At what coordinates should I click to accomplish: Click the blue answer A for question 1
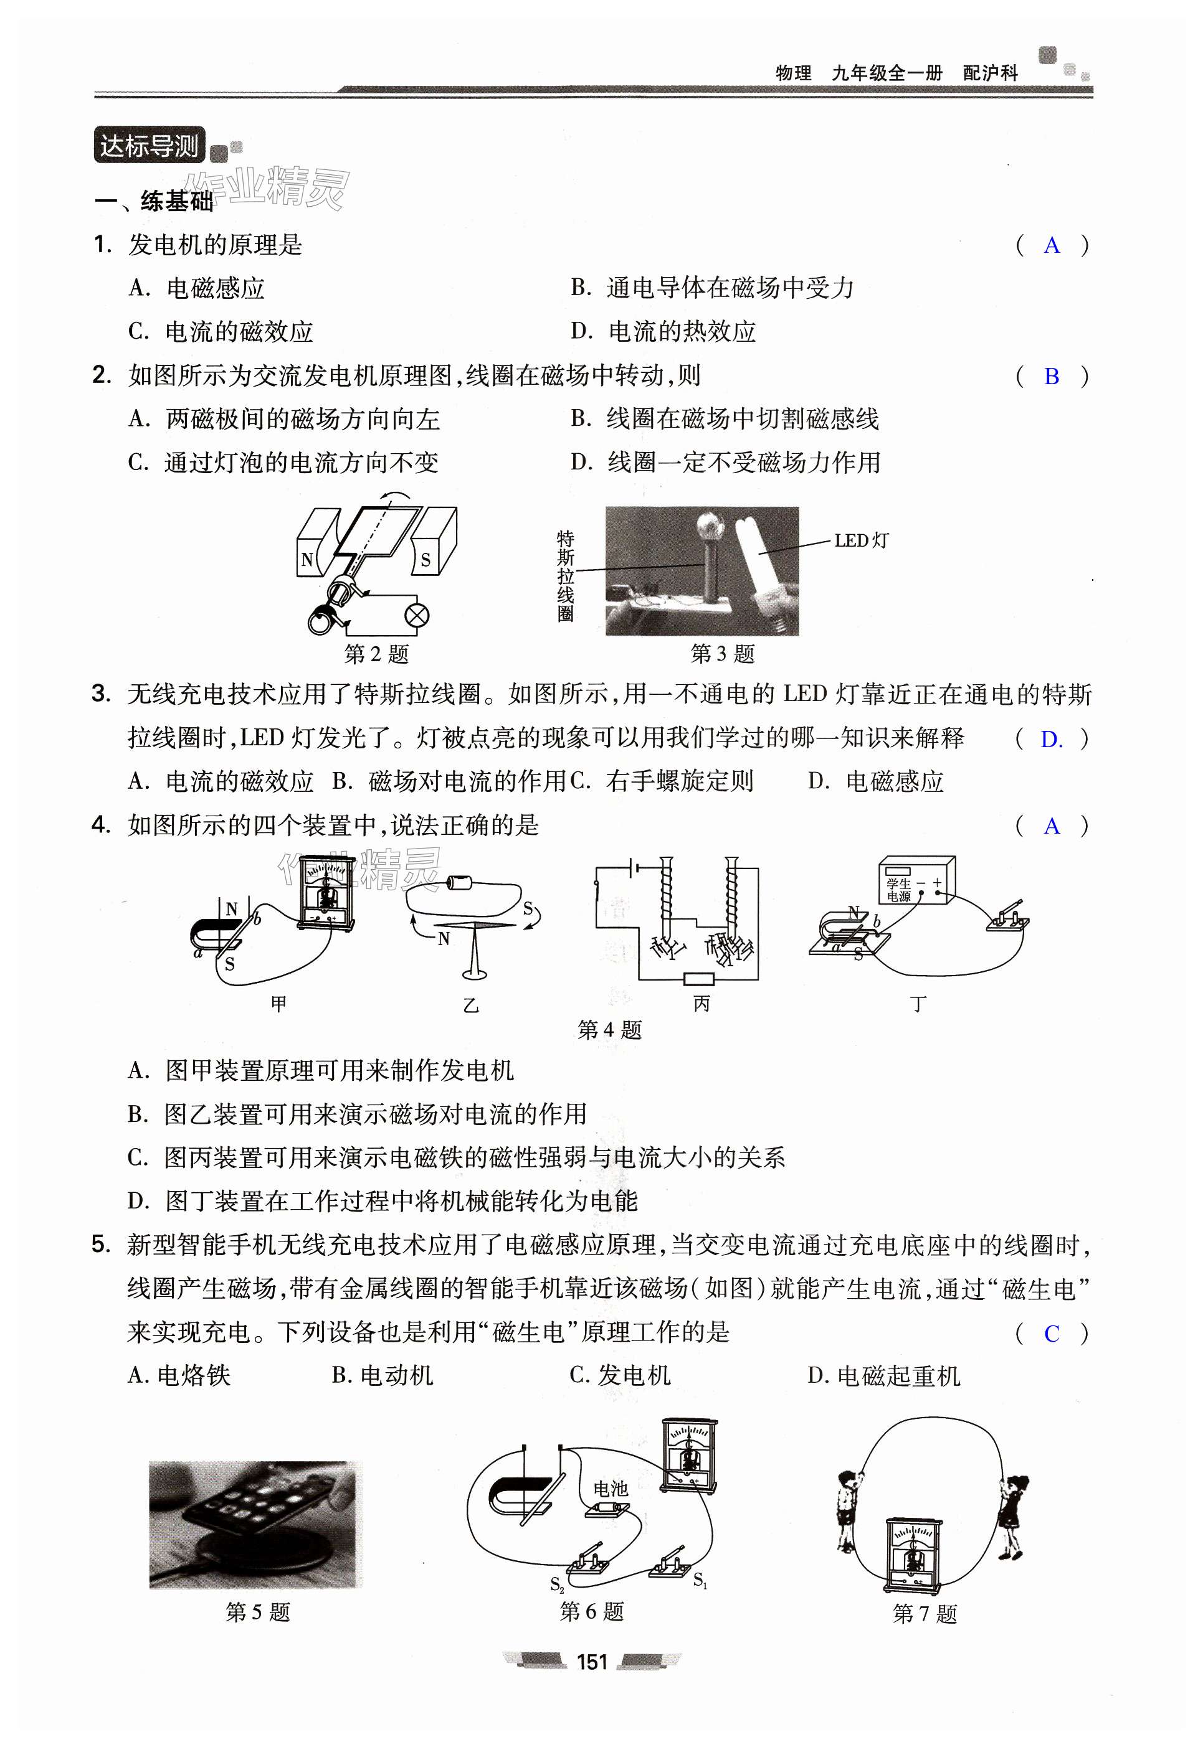click(1052, 245)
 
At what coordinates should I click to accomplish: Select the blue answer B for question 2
click(1052, 376)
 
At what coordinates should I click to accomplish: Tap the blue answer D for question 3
click(1051, 739)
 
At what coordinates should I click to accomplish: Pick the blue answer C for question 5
click(1052, 1334)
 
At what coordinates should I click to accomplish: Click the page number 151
click(592, 1662)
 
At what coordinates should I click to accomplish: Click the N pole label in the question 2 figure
click(307, 560)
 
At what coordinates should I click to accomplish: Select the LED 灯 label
click(862, 540)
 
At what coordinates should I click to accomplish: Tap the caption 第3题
click(722, 653)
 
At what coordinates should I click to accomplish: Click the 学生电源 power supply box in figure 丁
click(916, 879)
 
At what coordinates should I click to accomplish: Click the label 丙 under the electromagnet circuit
click(701, 1004)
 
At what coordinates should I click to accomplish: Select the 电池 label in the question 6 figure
click(610, 1488)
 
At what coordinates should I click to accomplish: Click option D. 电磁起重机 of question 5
click(883, 1375)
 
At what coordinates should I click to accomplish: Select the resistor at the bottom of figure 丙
click(698, 979)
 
